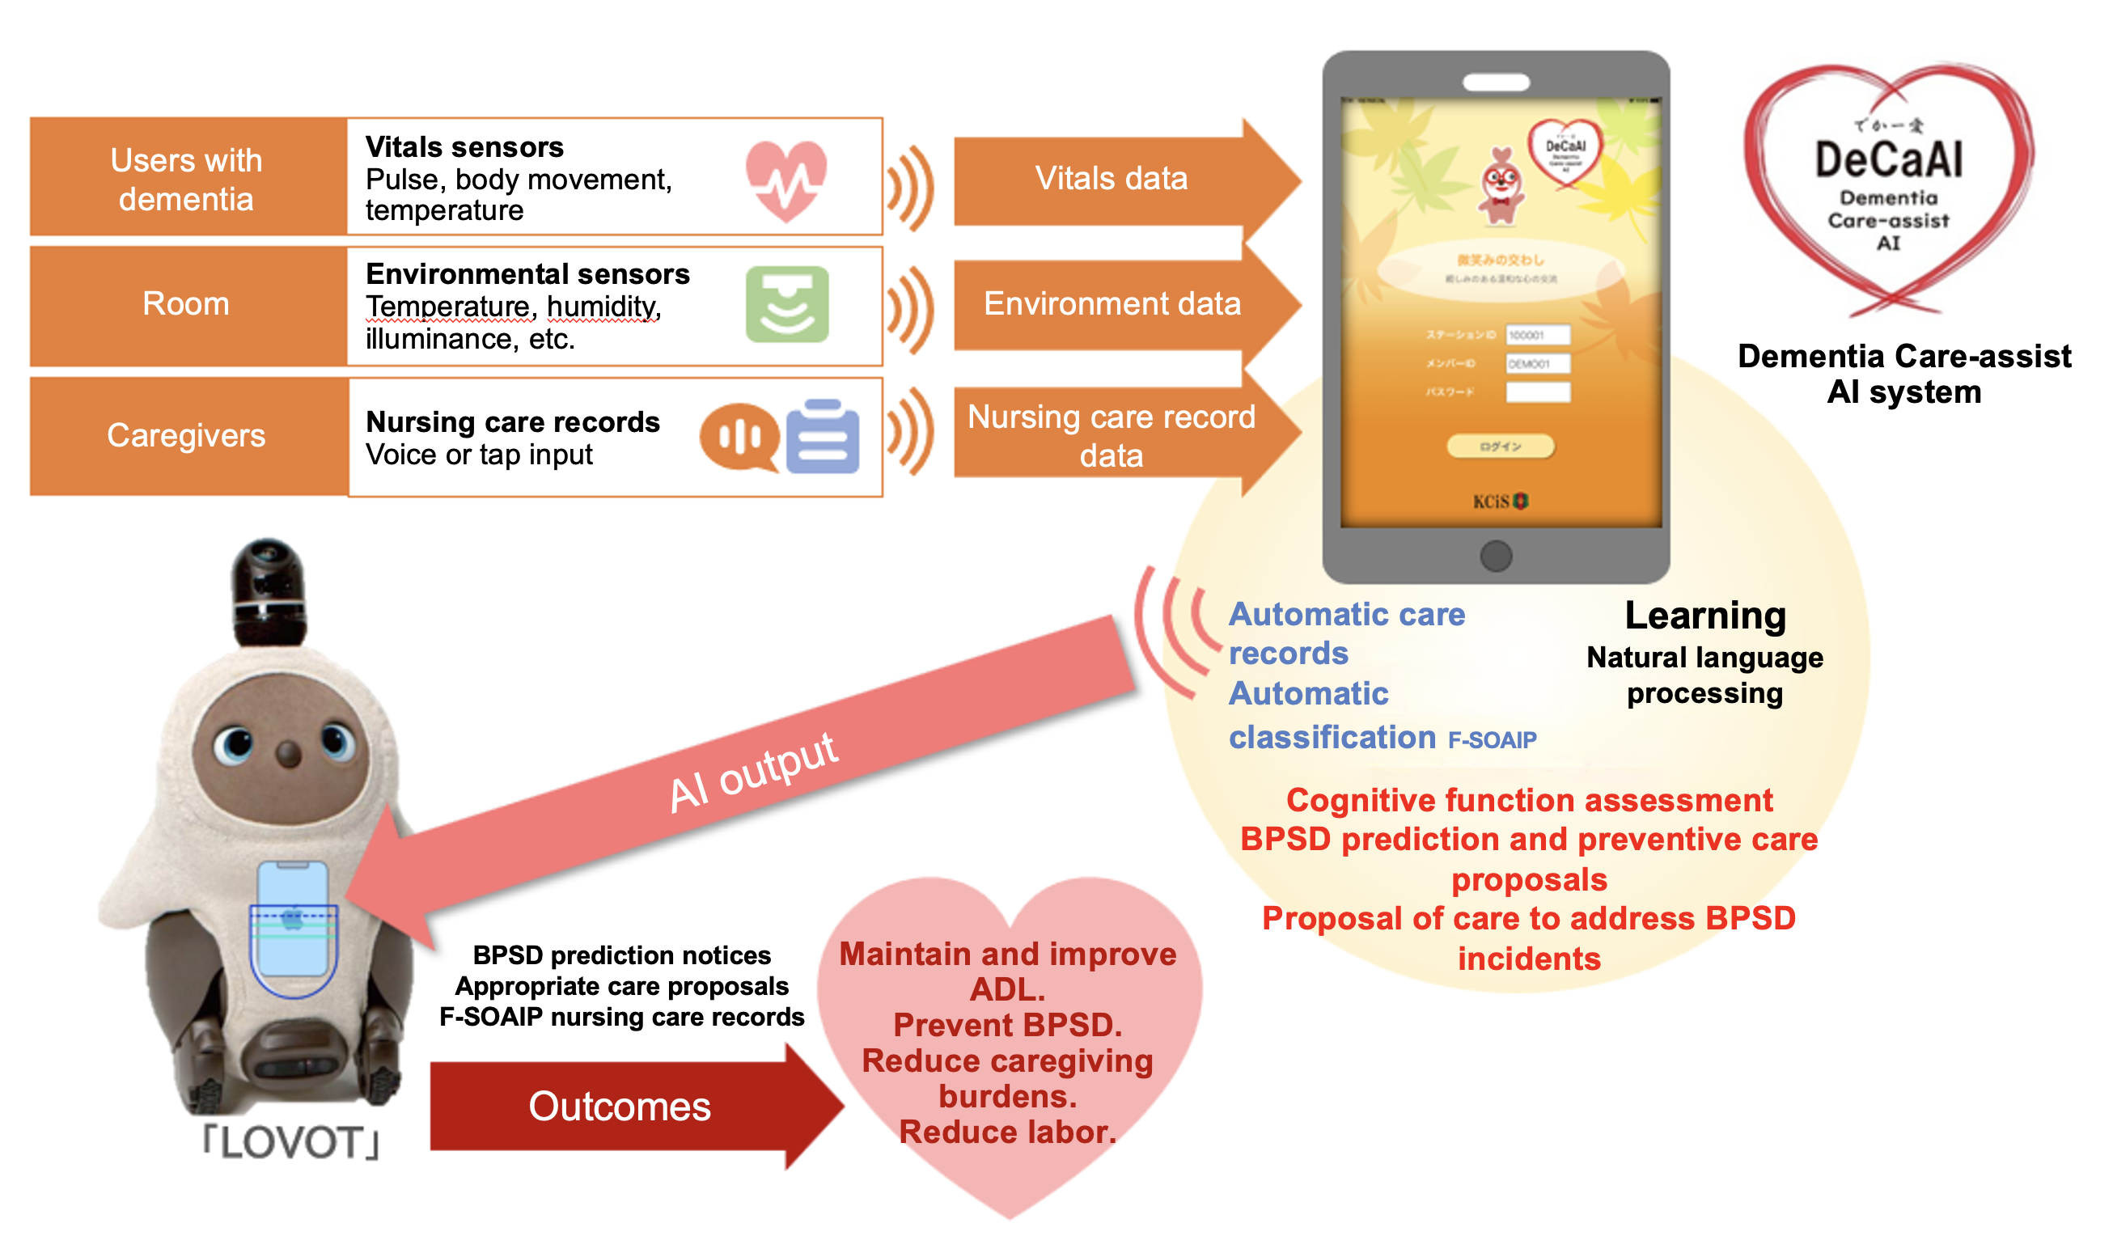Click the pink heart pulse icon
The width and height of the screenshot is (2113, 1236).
pyautogui.click(x=785, y=180)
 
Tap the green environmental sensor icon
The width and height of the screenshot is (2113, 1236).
pyautogui.click(x=786, y=304)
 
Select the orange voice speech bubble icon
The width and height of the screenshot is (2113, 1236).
pyautogui.click(x=738, y=437)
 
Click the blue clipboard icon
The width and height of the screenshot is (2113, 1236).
pyautogui.click(x=823, y=437)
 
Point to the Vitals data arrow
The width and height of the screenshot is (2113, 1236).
pyautogui.click(x=1112, y=179)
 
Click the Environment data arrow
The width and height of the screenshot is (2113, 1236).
pyautogui.click(x=1112, y=303)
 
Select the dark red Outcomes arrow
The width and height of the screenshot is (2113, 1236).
pyautogui.click(x=620, y=1106)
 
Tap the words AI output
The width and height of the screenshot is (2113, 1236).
pyautogui.click(x=753, y=772)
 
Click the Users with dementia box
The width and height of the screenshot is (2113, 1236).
pyautogui.click(x=186, y=179)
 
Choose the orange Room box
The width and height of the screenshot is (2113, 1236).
pyautogui.click(x=186, y=303)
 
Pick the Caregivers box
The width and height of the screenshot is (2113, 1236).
pyautogui.click(x=186, y=435)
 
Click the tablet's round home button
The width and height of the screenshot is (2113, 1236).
pyautogui.click(x=1496, y=555)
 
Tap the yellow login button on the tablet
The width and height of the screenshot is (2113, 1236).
pyautogui.click(x=1500, y=446)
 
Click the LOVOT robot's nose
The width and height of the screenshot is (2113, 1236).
pyautogui.click(x=289, y=752)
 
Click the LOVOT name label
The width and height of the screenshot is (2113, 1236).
pyautogui.click(x=292, y=1142)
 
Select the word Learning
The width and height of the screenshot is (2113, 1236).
pyautogui.click(x=1704, y=616)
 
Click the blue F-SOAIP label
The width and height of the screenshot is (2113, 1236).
pyautogui.click(x=1492, y=740)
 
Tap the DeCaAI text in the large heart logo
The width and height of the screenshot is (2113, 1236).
pyautogui.click(x=1888, y=159)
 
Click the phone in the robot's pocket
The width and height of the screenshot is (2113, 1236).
pyautogui.click(x=292, y=918)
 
